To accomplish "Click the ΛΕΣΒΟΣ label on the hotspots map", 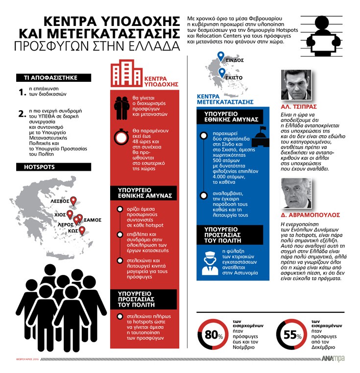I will pos(59,201).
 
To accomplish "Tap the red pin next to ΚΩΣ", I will pos(82,230).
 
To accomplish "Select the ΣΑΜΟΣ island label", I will pos(92,220).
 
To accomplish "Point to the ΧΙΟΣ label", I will pos(60,215).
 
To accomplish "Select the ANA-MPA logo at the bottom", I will pos(333,359).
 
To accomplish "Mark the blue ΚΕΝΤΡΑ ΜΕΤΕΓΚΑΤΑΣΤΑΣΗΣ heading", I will pos(225,99).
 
